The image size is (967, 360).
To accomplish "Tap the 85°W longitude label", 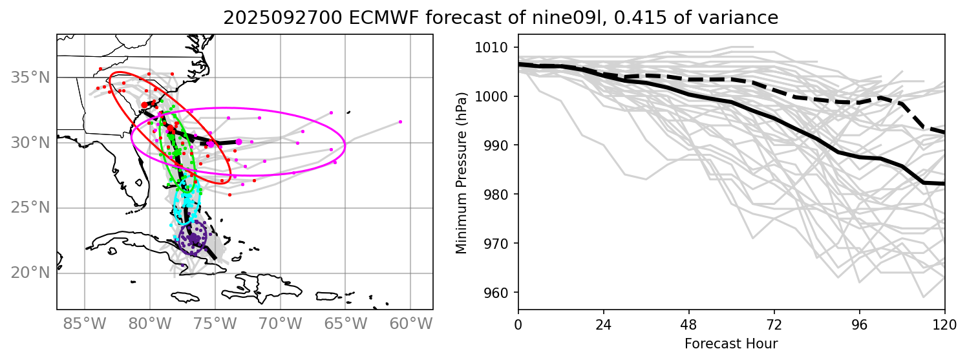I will [85, 322].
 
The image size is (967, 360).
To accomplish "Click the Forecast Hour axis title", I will [731, 343].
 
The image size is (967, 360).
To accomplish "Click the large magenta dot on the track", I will [239, 142].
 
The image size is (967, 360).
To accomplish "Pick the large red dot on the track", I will [144, 105].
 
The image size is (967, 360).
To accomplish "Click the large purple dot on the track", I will [193, 238].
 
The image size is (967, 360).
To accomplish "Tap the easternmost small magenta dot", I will [400, 122].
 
